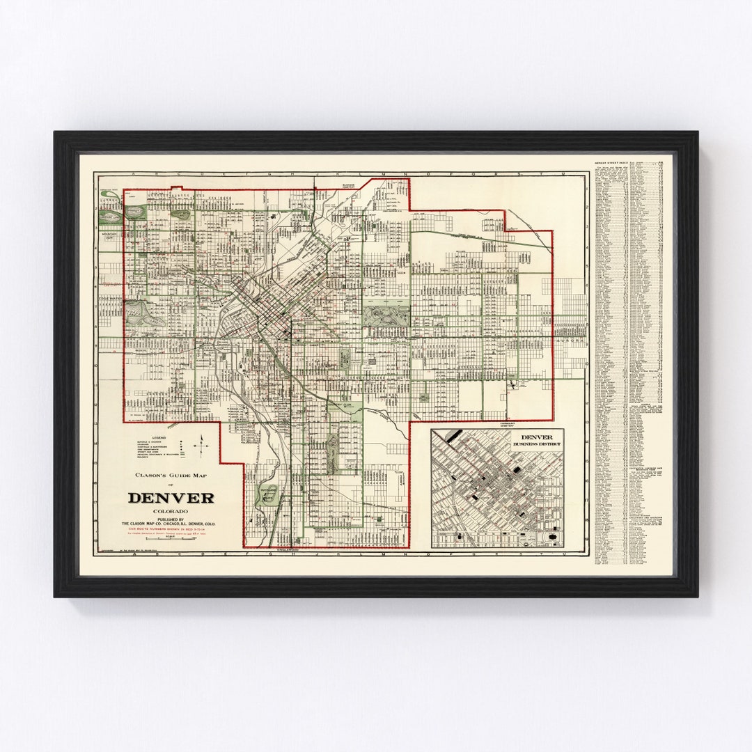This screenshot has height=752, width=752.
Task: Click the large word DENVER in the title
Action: point(171,498)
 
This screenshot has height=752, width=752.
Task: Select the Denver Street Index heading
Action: point(611,163)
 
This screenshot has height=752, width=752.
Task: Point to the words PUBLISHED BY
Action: point(171,519)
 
